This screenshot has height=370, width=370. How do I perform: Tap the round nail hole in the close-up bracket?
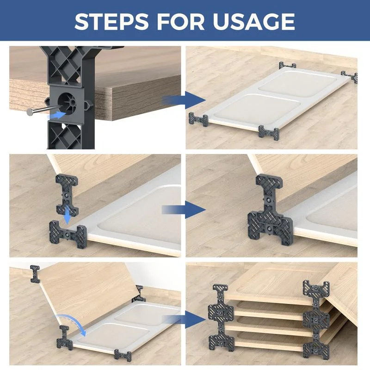pyautogui.click(x=66, y=100)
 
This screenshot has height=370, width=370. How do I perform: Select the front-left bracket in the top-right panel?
pyautogui.click(x=198, y=120)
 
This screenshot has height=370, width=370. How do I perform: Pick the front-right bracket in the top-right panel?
pyautogui.click(x=269, y=133)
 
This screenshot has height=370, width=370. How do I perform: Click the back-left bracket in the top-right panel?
pyautogui.click(x=287, y=65)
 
